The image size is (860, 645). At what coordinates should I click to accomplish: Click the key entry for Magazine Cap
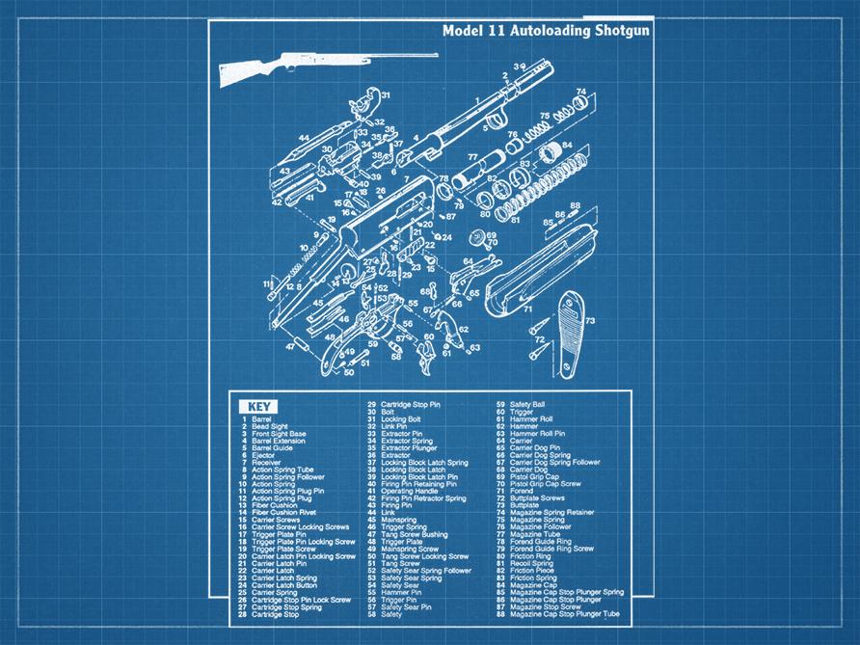(x=532, y=584)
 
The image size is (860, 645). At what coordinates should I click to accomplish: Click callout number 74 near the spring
(x=580, y=92)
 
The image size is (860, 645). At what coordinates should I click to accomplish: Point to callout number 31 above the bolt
(x=385, y=95)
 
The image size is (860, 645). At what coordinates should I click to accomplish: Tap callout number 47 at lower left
(x=290, y=345)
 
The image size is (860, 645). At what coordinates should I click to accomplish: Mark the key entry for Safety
(x=391, y=614)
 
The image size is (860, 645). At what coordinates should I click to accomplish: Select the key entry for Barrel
(x=260, y=419)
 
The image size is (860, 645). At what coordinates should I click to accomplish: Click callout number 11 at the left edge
(x=267, y=283)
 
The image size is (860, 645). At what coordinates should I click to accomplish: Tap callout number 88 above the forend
(x=575, y=205)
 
